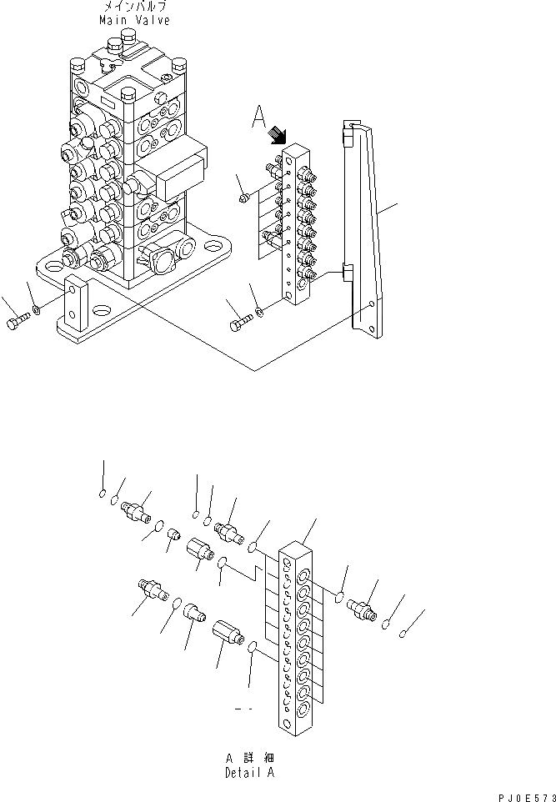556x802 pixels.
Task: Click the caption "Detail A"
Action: click(250, 772)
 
